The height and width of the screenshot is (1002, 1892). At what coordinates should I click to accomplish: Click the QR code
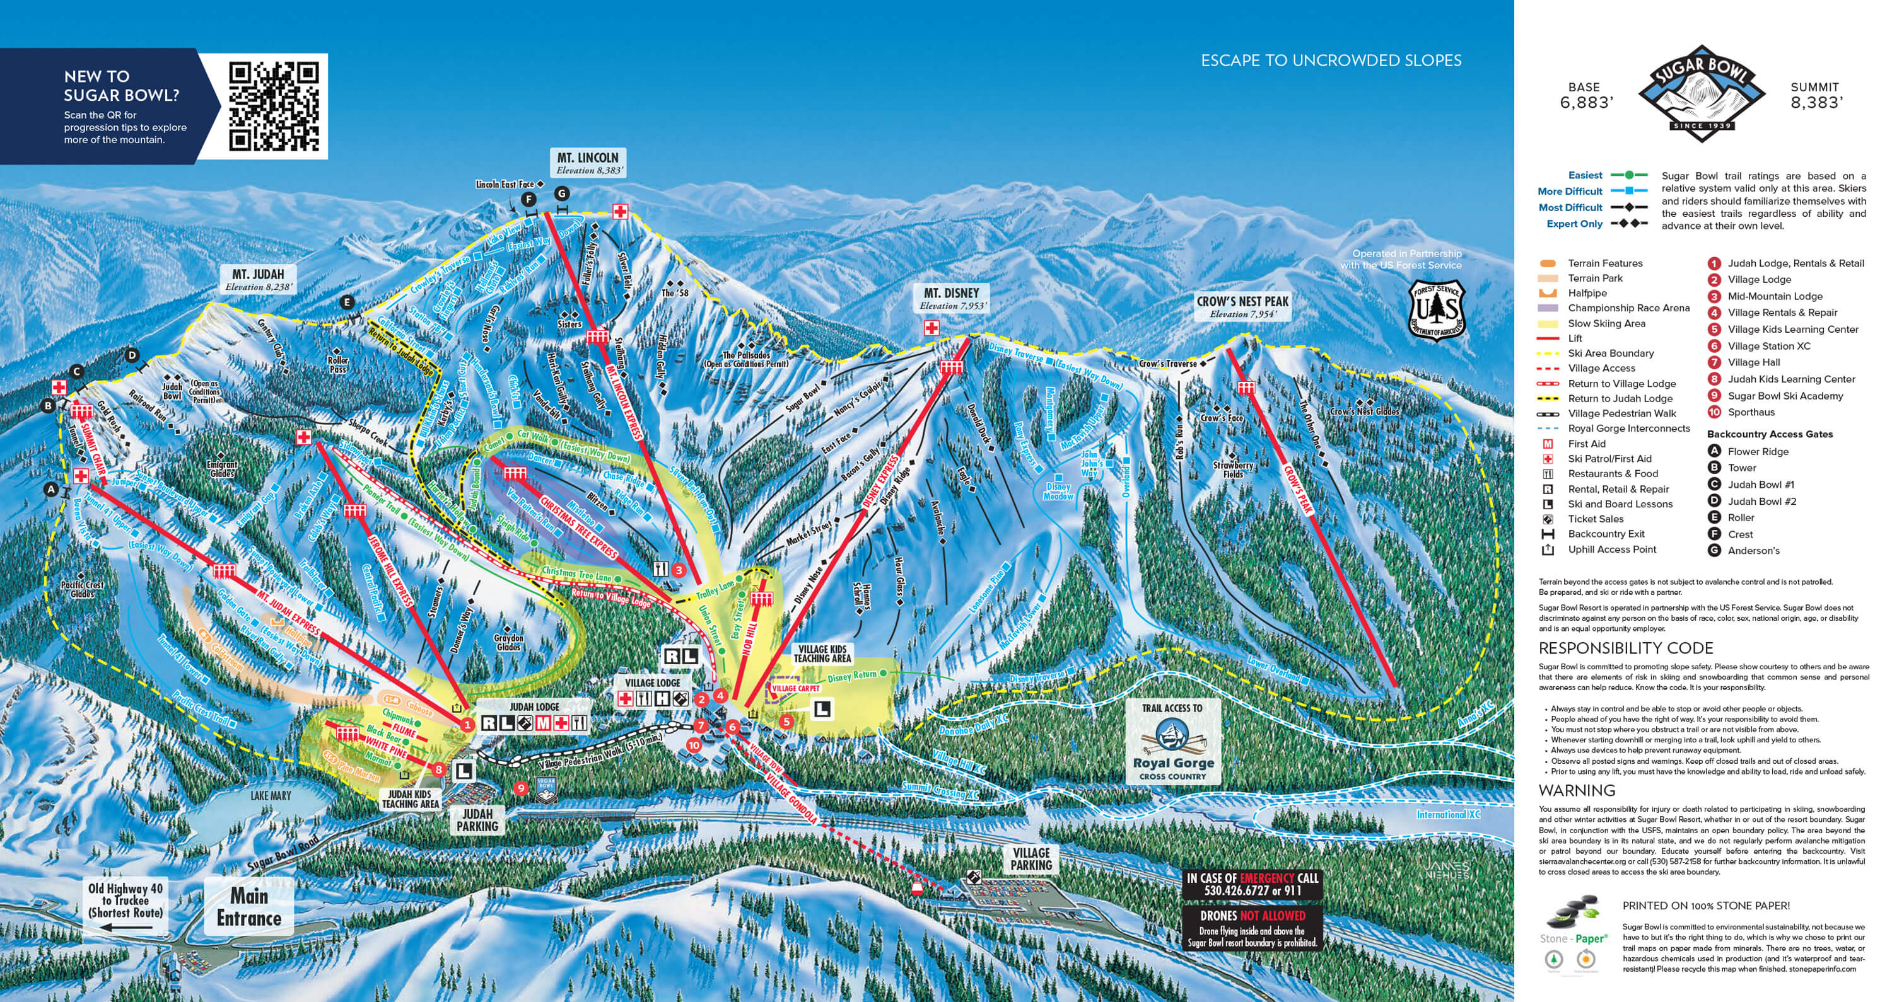click(x=273, y=106)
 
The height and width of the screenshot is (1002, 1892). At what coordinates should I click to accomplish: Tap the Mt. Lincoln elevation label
click(x=589, y=164)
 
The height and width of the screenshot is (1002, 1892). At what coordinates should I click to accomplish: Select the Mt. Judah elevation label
click(x=259, y=280)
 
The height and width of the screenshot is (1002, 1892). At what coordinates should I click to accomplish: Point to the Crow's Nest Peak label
click(x=1242, y=302)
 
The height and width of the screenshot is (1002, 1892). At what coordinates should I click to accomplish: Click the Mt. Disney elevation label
click(x=952, y=299)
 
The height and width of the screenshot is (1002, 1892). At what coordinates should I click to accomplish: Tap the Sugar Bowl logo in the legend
click(x=1700, y=92)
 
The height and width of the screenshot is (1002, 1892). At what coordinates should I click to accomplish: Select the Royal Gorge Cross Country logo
click(x=1173, y=741)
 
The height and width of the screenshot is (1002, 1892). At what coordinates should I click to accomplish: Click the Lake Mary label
click(x=271, y=796)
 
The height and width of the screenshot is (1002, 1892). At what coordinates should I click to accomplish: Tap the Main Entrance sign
click(x=248, y=907)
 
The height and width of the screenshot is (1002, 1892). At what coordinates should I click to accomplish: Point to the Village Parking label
click(x=1031, y=859)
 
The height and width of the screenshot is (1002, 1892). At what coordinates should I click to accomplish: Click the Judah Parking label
click(x=477, y=820)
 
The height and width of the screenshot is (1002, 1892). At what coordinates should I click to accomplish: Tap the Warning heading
click(x=1576, y=791)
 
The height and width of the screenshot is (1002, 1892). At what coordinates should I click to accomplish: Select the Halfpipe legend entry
click(x=1587, y=293)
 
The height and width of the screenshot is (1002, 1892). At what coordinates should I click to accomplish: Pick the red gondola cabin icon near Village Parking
click(x=916, y=888)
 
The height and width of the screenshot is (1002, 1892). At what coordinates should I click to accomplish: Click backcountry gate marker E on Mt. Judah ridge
click(x=347, y=302)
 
